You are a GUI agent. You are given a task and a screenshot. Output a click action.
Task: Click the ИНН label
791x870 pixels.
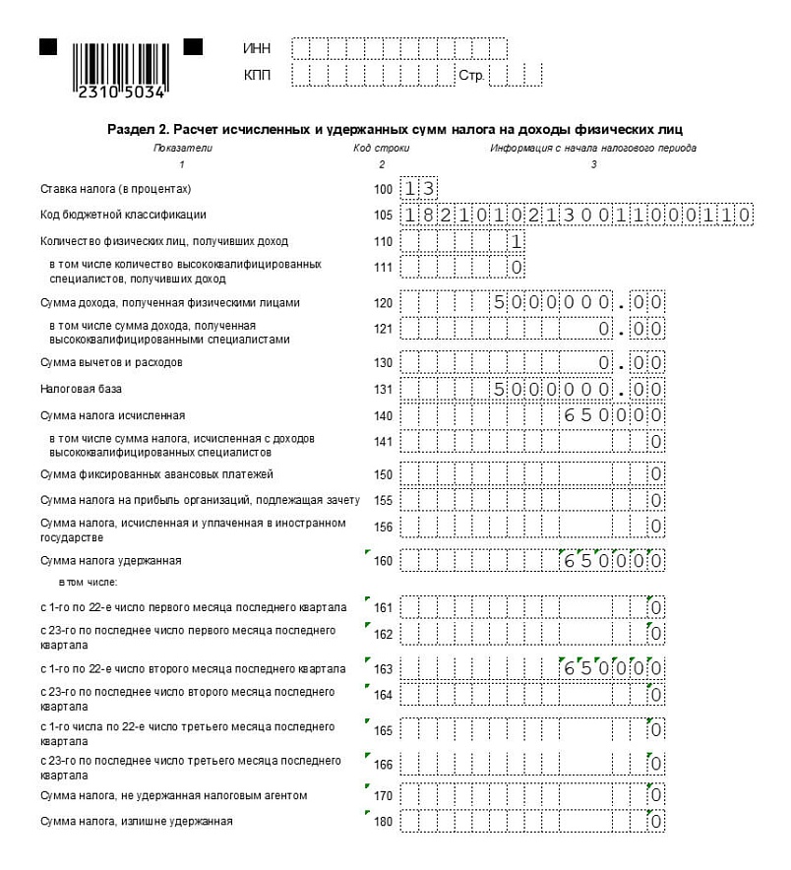(256, 48)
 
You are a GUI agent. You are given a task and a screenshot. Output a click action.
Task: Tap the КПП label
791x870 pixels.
(256, 75)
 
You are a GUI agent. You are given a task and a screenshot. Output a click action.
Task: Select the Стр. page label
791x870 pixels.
(471, 76)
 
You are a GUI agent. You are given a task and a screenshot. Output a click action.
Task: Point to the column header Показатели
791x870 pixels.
(182, 148)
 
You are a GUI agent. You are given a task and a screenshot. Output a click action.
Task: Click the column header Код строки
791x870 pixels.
(382, 148)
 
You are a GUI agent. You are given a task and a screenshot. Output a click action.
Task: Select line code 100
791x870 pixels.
(383, 189)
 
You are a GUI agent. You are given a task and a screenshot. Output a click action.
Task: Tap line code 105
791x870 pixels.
(383, 216)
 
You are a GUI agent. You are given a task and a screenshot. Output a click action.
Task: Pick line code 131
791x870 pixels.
(383, 390)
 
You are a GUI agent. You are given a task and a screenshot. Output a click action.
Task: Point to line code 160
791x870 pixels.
(383, 562)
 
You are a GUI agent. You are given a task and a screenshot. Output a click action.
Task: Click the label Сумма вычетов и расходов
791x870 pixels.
(111, 362)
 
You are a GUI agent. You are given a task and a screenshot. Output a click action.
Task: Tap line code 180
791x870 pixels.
(383, 822)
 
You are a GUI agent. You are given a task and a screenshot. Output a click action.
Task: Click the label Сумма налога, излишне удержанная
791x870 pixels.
(136, 821)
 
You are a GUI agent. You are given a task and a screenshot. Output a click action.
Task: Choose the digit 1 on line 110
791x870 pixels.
(517, 241)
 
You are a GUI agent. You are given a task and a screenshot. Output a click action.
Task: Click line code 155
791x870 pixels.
(383, 501)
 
